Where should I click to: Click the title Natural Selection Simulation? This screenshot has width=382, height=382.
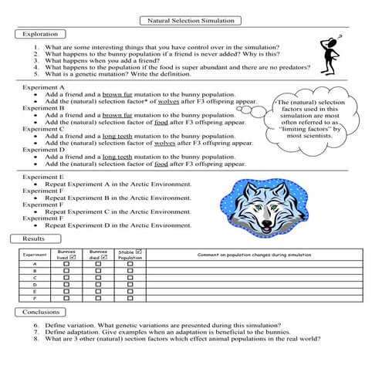click(191, 21)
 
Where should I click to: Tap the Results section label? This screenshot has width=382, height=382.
click(34, 238)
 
